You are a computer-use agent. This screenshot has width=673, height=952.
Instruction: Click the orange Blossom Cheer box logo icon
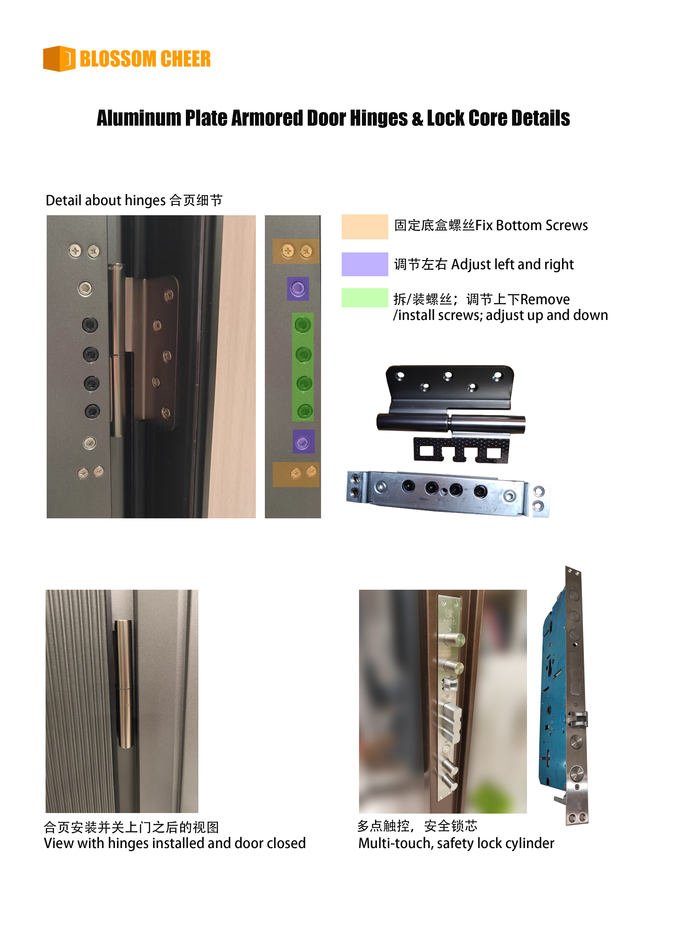pyautogui.click(x=59, y=58)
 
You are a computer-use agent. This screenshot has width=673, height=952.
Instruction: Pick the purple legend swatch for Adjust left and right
pyautogui.click(x=364, y=264)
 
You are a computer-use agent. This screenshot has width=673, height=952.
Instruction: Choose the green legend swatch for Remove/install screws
pyautogui.click(x=364, y=298)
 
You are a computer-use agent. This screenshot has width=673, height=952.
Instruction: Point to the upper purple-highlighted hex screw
pyautogui.click(x=298, y=288)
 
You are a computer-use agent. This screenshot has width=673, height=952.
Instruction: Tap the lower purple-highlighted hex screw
pyautogui.click(x=304, y=441)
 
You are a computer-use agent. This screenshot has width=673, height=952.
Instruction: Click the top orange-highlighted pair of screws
pyautogui.click(x=296, y=251)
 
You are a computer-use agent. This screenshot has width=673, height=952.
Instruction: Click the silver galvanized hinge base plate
pyautogui.click(x=448, y=493)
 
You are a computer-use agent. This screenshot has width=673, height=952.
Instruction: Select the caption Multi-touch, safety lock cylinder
pyautogui.click(x=456, y=843)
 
